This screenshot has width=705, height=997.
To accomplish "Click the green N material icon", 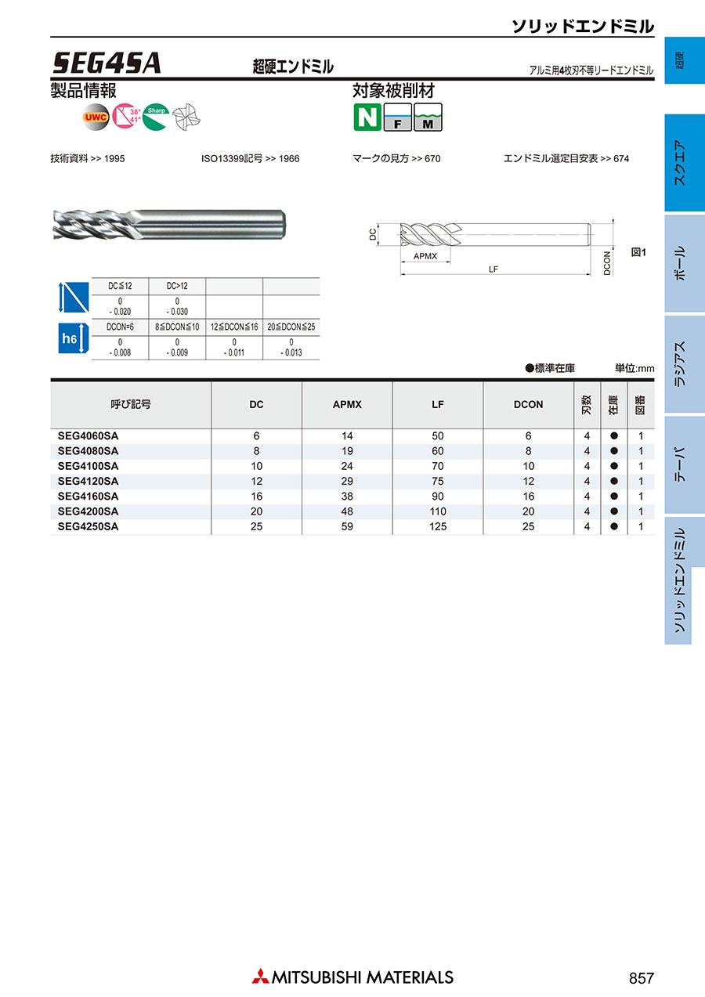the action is (367, 117).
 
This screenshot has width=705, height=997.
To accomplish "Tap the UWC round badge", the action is (96, 117).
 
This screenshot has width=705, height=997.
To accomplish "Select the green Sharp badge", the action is (156, 117).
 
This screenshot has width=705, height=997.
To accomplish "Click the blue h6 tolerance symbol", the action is (74, 338).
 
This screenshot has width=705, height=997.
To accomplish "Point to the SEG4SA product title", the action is (107, 63).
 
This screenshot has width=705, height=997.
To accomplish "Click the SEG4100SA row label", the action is (88, 466).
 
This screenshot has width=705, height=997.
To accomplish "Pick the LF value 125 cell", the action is (438, 526).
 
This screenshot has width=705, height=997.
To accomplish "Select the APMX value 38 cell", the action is (347, 497).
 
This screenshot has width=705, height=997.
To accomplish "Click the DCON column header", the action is (528, 405).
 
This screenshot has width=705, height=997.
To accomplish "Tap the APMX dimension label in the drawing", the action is (425, 256).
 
